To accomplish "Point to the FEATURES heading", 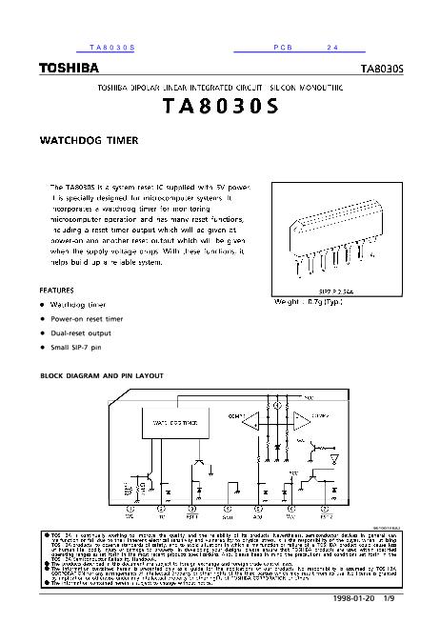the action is (57, 290).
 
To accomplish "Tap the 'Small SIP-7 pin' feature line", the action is (77, 350).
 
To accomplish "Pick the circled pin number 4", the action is (226, 510).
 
